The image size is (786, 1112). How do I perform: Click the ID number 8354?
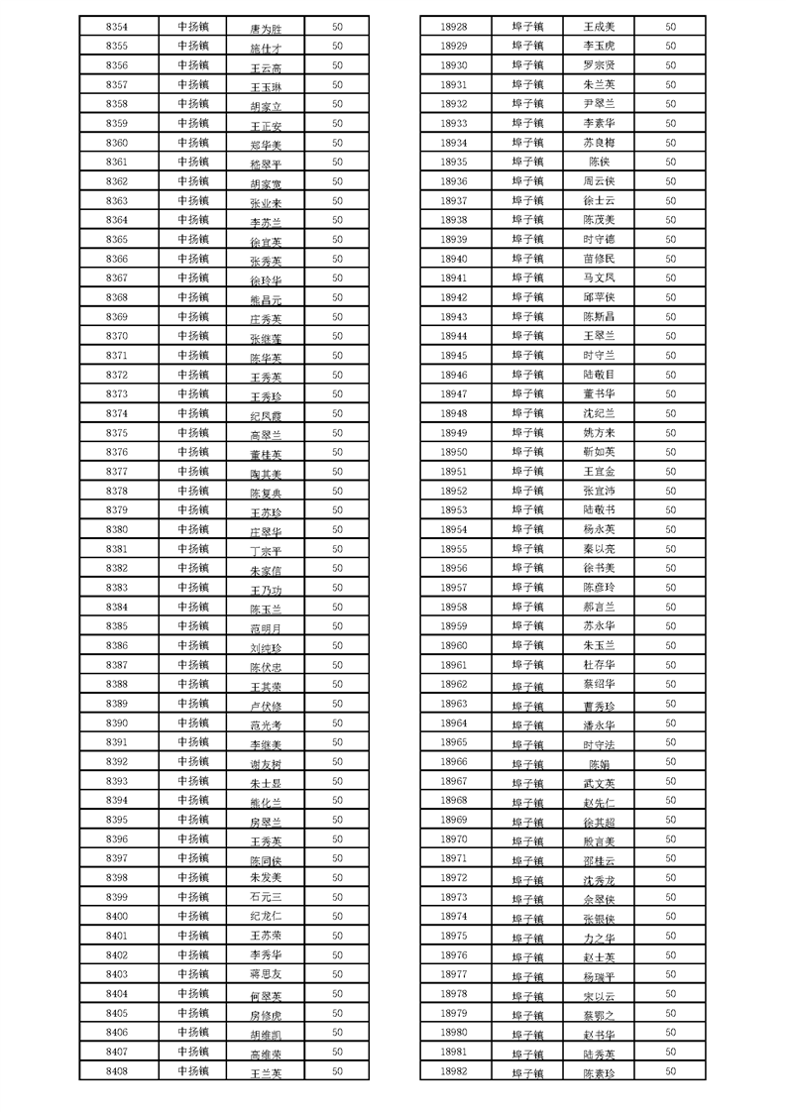click(116, 27)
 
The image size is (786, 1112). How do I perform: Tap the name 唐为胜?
click(266, 29)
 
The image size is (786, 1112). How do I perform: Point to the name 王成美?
click(599, 27)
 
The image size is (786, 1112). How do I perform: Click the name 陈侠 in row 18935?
click(599, 162)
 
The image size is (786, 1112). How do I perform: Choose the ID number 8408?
click(116, 1071)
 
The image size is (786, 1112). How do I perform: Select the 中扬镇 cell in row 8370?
click(192, 336)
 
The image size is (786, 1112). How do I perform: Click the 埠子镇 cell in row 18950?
click(527, 452)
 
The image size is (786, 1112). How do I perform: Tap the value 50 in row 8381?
click(337, 549)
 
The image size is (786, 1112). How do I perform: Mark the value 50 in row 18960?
click(670, 645)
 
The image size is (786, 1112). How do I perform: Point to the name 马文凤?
click(599, 278)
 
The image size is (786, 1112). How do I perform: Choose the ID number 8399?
click(116, 897)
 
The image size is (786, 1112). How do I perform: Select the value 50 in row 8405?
click(337, 1013)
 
